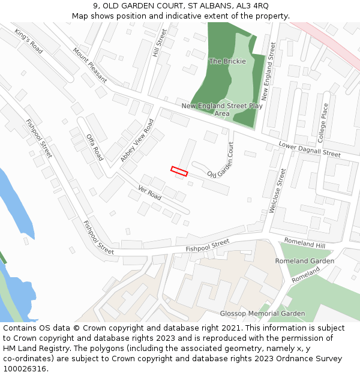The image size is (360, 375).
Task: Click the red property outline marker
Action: [179, 171]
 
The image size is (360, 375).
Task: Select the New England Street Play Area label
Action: [222, 110]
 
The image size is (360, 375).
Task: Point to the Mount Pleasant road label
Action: [90, 65]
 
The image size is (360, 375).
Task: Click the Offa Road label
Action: [95, 147]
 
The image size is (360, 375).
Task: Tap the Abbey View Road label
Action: [137, 140]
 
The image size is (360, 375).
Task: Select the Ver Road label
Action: [149, 193]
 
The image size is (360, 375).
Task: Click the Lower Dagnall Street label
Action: [310, 149]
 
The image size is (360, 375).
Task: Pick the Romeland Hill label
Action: [304, 244]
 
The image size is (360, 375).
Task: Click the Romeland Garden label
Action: [304, 261]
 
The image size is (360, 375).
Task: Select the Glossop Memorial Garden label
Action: [262, 313]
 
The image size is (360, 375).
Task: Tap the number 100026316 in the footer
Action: [25, 368]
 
